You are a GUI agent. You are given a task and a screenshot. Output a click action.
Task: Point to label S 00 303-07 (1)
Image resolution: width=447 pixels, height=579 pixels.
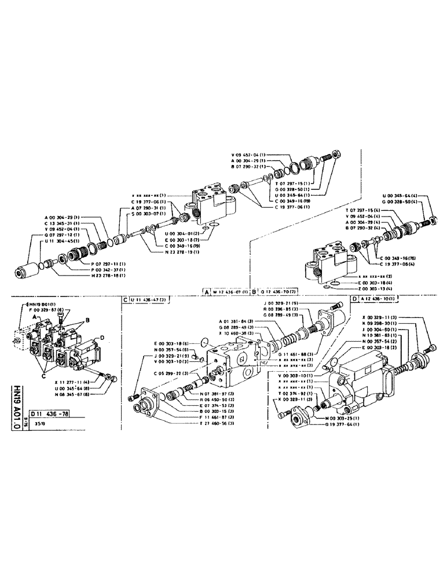pos(149,214)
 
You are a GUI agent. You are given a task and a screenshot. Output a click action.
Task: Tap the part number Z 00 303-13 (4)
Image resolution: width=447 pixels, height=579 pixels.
pos(358,287)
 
